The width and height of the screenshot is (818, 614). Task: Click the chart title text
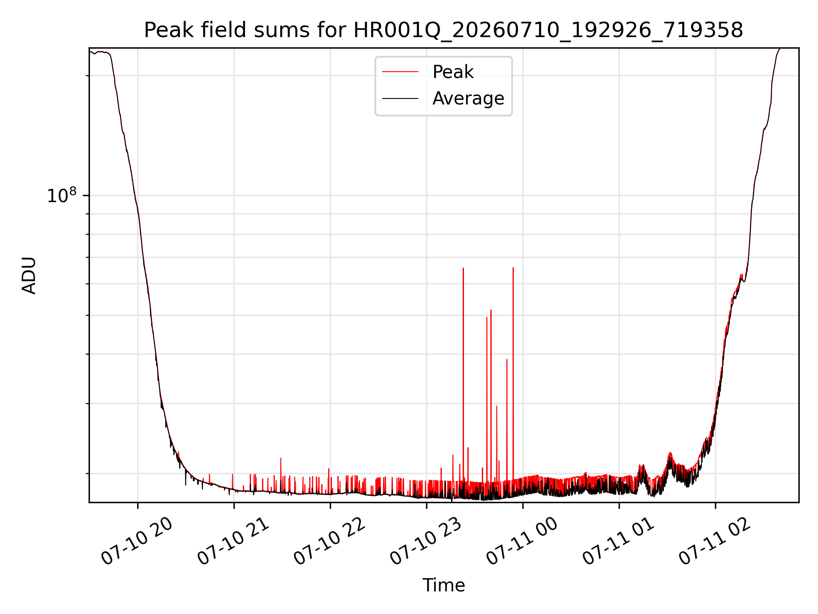[444, 30]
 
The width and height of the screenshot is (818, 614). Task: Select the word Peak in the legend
[453, 72]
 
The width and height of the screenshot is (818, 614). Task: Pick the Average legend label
[468, 98]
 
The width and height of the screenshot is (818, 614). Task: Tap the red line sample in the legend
[400, 72]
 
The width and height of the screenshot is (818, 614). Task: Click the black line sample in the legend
[400, 98]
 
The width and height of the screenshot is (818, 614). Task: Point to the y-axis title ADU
[29, 275]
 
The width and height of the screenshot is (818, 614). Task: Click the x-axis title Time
[444, 585]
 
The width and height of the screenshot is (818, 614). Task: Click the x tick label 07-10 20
[137, 541]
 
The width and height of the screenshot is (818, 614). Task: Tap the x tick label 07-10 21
[233, 541]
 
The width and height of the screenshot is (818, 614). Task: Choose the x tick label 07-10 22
[330, 541]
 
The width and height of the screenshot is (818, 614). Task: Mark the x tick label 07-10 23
[426, 541]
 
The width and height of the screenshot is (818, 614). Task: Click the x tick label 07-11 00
[522, 541]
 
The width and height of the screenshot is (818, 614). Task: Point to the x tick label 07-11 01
[619, 541]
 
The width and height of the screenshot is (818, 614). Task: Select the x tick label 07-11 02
[715, 541]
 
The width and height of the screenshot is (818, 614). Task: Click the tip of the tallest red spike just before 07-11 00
[513, 268]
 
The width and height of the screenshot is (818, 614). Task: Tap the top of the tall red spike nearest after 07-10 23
[463, 268]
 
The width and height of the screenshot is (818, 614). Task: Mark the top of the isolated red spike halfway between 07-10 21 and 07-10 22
[281, 458]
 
